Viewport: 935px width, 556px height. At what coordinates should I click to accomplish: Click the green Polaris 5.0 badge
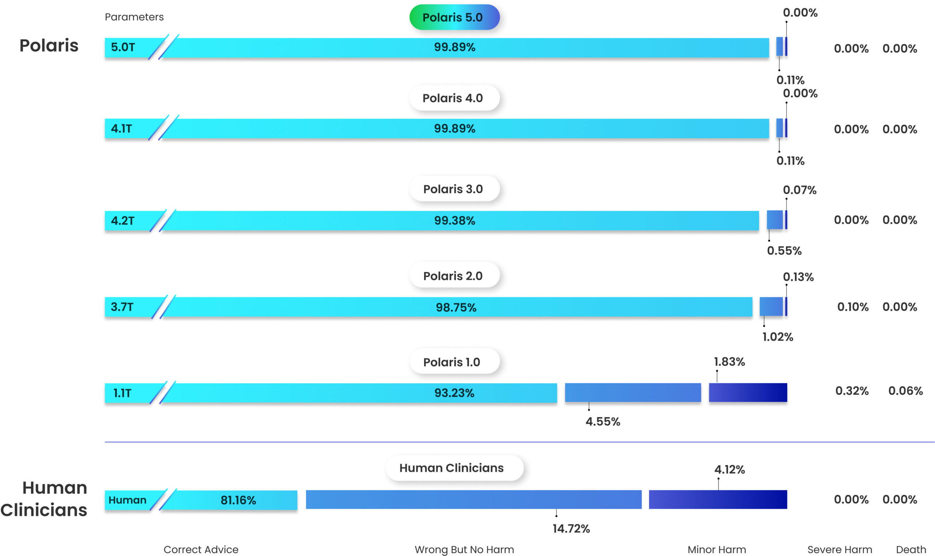click(454, 17)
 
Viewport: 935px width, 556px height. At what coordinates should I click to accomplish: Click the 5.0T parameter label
click(123, 47)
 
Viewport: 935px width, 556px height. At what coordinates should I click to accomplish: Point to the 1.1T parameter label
click(122, 393)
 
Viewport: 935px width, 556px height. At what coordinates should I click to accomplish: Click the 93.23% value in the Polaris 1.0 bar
click(454, 393)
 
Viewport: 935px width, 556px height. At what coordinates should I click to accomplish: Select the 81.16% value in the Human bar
click(238, 500)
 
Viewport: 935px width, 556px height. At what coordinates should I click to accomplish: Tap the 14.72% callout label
click(571, 529)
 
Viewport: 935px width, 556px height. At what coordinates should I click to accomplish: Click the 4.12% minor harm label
click(729, 469)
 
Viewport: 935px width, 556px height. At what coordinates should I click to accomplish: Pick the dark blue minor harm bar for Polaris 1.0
click(748, 393)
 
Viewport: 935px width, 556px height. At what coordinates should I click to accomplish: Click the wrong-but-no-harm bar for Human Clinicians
click(473, 499)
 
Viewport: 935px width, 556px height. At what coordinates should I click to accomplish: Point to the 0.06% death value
click(905, 391)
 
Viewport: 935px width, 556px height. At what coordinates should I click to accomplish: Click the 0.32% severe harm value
click(852, 391)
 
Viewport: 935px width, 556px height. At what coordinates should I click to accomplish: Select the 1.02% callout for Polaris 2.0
click(778, 337)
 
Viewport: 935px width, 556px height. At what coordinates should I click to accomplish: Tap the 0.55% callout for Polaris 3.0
click(784, 251)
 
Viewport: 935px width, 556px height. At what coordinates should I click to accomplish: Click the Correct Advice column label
click(201, 549)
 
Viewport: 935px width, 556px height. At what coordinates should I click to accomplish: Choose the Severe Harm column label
click(839, 549)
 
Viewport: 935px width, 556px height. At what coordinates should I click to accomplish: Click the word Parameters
click(134, 17)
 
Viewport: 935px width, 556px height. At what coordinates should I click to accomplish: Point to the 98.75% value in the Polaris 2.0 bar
click(456, 308)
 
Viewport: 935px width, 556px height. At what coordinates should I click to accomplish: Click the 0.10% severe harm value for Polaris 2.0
click(852, 307)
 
